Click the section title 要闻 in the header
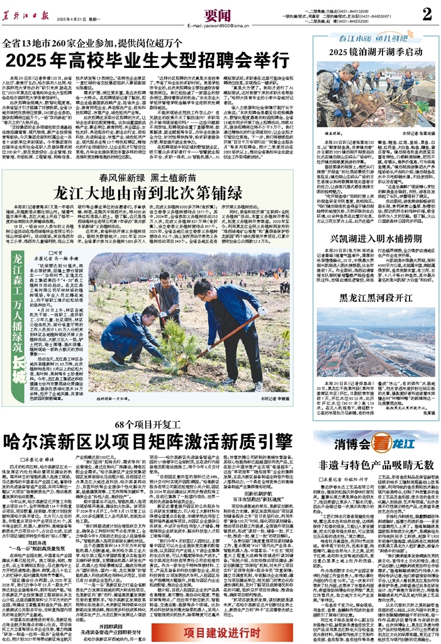[215, 13]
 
